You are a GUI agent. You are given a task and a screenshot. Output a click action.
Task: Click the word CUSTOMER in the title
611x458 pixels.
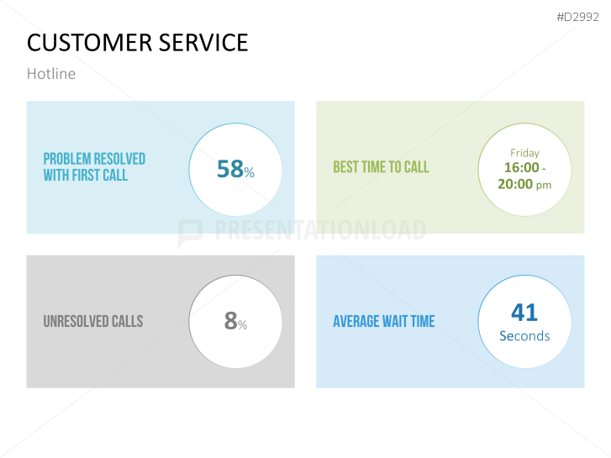pos(82,42)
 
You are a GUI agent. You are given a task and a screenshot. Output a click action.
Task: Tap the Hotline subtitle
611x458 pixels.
pos(51,74)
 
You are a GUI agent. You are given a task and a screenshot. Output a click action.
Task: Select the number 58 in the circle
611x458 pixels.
pos(229,169)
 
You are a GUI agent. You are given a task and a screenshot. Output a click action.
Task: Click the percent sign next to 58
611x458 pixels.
pos(249,172)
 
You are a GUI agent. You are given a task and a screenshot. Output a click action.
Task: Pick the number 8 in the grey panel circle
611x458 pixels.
pos(230,321)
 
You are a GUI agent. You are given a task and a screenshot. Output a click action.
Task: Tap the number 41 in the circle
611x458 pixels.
pos(524,313)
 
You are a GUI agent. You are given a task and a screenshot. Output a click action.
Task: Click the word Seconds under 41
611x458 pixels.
pos(524,336)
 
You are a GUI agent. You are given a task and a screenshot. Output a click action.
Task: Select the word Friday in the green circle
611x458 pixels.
pos(524,153)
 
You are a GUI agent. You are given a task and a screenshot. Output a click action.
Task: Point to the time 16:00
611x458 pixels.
pos(519,167)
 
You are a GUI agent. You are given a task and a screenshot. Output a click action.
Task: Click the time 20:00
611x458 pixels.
pos(515,183)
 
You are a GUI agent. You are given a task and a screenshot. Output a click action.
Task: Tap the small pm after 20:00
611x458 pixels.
pos(544,185)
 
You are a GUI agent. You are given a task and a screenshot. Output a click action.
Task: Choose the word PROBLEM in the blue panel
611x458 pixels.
pos(66,159)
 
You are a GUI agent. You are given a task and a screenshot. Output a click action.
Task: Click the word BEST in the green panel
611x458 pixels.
pos(345,167)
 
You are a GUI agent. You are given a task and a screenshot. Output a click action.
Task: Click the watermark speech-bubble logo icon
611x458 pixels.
pos(190,231)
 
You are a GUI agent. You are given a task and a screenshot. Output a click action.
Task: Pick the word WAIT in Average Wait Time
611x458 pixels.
pos(396,321)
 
